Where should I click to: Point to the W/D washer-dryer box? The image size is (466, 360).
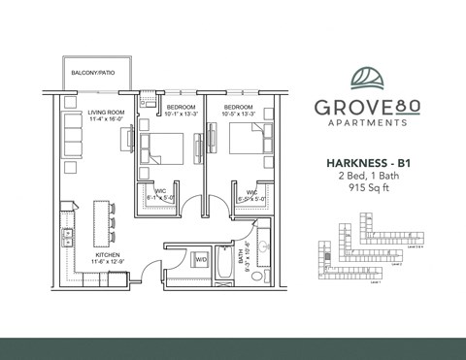[202, 259]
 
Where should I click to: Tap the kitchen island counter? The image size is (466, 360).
[99, 221]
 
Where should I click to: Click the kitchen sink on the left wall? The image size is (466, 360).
[67, 235]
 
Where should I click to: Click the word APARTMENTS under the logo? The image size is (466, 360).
[368, 124]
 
